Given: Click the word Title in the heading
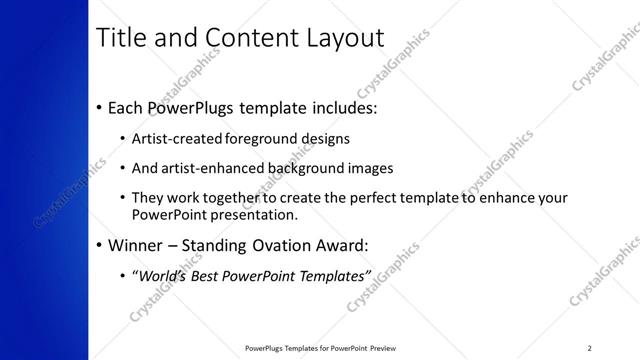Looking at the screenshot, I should tap(119, 38).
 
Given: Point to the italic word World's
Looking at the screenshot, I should tap(162, 275).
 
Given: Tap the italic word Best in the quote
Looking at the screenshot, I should tap(207, 275).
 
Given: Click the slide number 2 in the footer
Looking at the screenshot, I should tap(589, 347).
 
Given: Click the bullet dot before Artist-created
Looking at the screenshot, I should tap(122, 139).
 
